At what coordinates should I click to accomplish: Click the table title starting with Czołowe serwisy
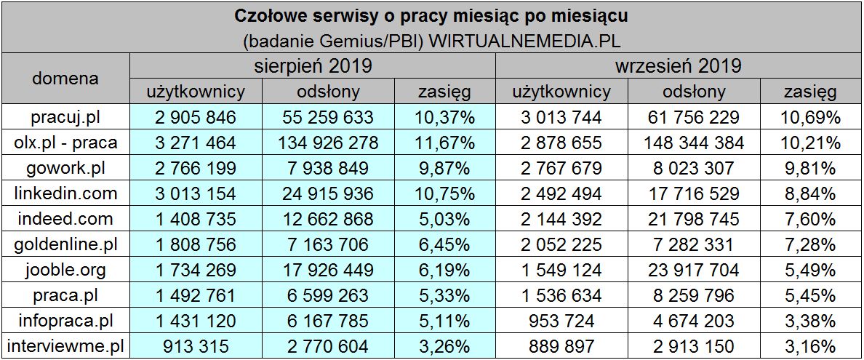432,15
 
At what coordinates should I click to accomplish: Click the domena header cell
65,79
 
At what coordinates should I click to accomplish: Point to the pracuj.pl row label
65,117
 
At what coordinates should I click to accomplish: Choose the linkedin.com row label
65,193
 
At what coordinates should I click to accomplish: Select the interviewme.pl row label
65,347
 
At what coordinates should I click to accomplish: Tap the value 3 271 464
196,143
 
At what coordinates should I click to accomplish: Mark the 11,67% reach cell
445,143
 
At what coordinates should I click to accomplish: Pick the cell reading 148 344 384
694,143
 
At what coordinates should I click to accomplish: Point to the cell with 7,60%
809,219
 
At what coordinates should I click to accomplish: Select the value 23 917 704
694,271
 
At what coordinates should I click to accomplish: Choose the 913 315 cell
196,347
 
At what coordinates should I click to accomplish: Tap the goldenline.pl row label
65,245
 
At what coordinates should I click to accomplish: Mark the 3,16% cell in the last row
809,347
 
